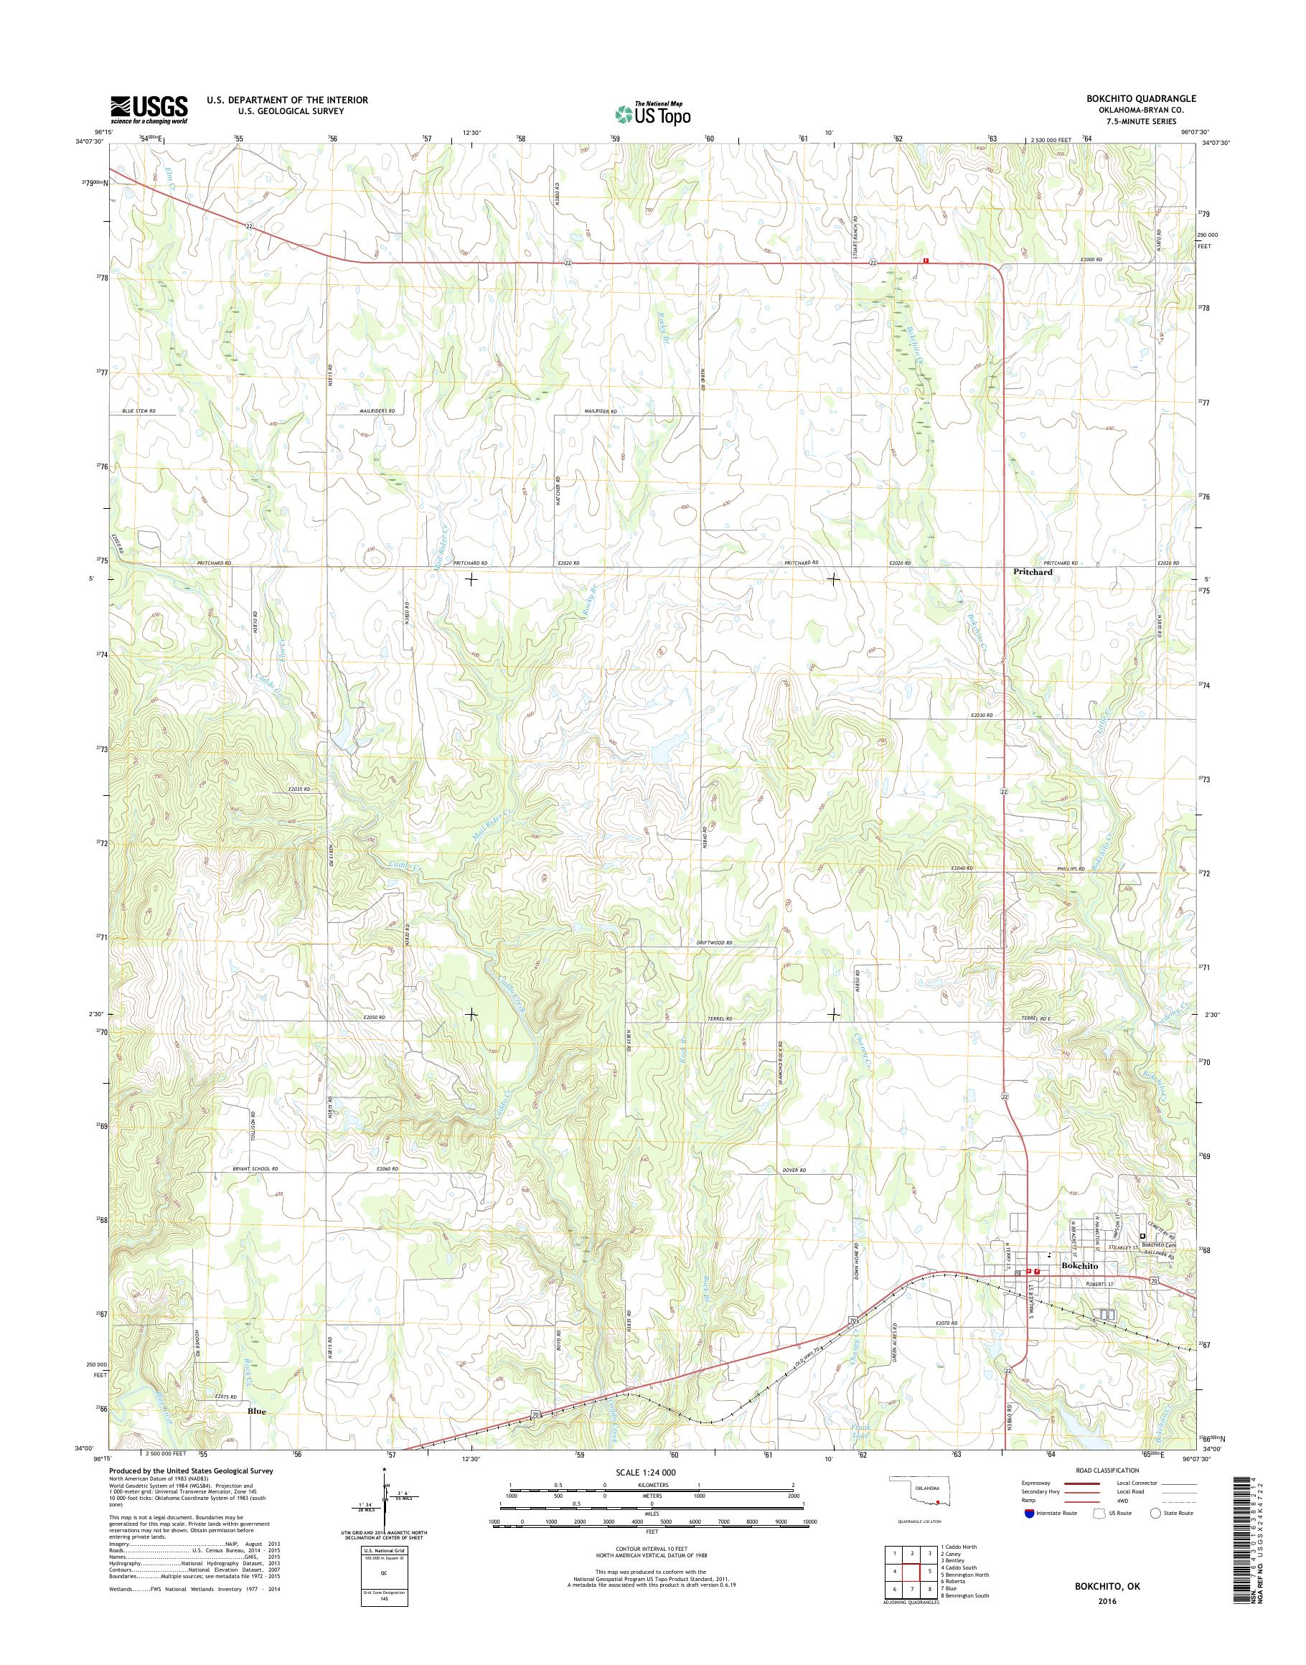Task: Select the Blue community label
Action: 257,1411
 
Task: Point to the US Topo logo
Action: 652,113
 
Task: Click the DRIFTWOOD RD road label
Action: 714,943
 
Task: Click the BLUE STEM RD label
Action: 138,411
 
